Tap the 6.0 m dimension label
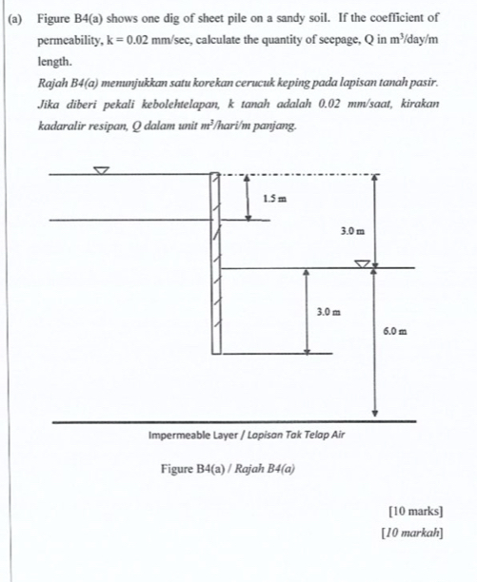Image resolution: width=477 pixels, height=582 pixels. coord(396,332)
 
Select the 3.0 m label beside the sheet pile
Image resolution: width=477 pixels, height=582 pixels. coord(328,311)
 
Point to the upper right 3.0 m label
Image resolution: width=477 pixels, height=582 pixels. coord(352,231)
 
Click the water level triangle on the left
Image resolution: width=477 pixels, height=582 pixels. coord(102,170)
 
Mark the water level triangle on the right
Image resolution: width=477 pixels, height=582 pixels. coord(363,263)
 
